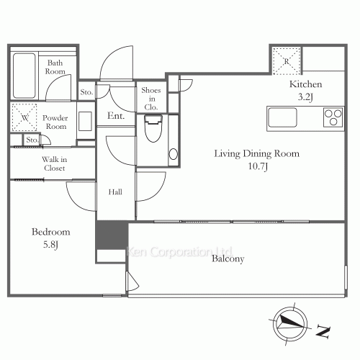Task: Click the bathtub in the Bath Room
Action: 24,76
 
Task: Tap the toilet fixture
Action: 153,128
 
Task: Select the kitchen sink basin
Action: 282,117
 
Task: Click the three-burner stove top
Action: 333,117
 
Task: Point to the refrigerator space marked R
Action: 287,61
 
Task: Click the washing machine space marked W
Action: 24,117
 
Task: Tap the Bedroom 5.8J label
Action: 51,238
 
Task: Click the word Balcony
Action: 228,258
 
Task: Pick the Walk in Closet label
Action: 55,163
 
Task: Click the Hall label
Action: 115,192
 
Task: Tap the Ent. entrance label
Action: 116,116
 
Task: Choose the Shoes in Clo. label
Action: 151,99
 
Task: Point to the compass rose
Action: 290,325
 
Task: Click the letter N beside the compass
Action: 323,331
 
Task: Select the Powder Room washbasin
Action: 85,122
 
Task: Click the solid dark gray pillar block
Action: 112,235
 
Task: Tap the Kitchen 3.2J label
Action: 305,91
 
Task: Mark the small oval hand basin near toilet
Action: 174,154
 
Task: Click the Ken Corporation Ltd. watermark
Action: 179,252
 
